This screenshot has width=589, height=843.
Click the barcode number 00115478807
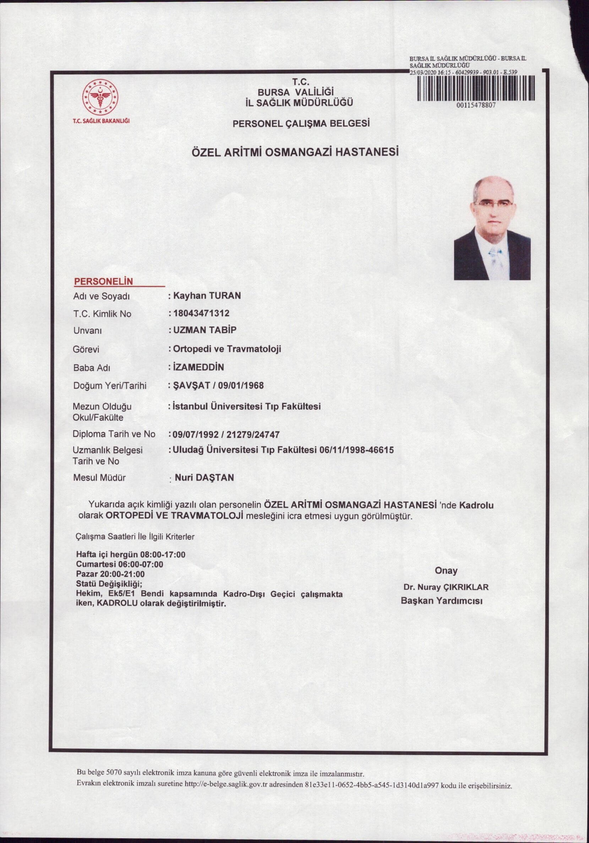point(476,105)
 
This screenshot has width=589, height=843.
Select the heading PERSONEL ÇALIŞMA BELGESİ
point(301,124)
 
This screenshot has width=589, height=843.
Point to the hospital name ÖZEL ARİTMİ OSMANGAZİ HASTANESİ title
point(295,152)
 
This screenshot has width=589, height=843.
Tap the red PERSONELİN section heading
point(103,281)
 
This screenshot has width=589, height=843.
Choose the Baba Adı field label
point(92,367)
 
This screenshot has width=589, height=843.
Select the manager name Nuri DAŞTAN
point(204,477)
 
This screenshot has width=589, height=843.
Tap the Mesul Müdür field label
point(99,478)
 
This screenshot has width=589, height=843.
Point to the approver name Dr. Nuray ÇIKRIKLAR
point(446,587)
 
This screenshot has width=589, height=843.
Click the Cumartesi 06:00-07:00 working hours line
point(119,564)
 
